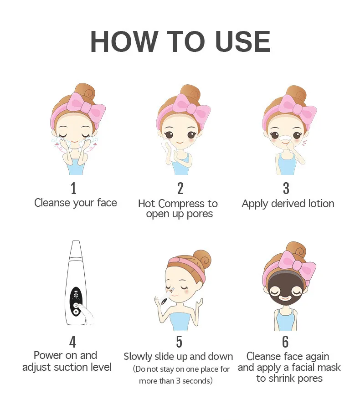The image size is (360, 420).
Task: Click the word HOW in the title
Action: (x=123, y=41)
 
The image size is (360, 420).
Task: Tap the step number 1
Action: (x=73, y=188)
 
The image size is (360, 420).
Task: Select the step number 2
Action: (x=180, y=188)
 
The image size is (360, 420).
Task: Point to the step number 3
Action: (x=286, y=188)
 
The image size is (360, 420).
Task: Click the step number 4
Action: (x=72, y=342)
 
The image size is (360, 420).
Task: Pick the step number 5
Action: (x=179, y=342)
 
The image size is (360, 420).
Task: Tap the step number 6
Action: (x=286, y=342)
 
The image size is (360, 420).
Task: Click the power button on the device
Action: (x=76, y=305)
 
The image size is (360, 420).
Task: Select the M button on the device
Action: (x=76, y=312)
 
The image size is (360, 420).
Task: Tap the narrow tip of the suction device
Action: (x=76, y=242)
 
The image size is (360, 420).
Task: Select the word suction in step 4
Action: (x=67, y=367)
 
